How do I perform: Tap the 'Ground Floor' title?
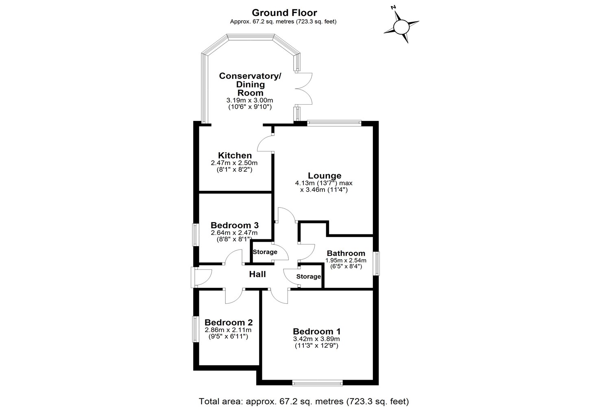[284, 13]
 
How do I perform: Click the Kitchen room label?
[235, 155]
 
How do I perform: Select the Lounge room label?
[324, 175]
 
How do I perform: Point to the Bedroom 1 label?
[316, 331]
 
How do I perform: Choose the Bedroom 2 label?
[229, 322]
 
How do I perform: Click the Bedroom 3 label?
[235, 225]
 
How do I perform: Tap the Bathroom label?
[346, 253]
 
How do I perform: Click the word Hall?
[257, 274]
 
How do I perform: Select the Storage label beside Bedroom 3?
[265, 252]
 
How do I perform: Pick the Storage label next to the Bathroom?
[308, 277]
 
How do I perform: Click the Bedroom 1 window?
[317, 383]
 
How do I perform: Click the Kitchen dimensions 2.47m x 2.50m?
[234, 163]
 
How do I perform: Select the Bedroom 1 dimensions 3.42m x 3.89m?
[316, 339]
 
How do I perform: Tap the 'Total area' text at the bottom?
[304, 401]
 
